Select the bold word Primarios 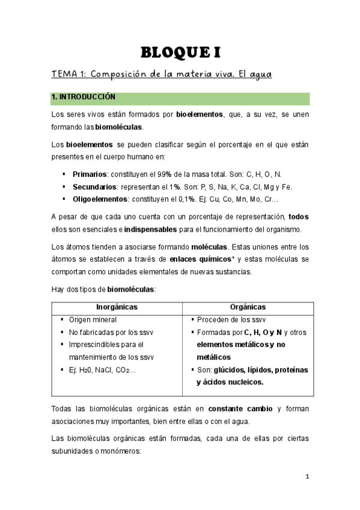(x=90, y=174)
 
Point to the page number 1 (x=307, y=477)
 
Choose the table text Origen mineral (x=93, y=320)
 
